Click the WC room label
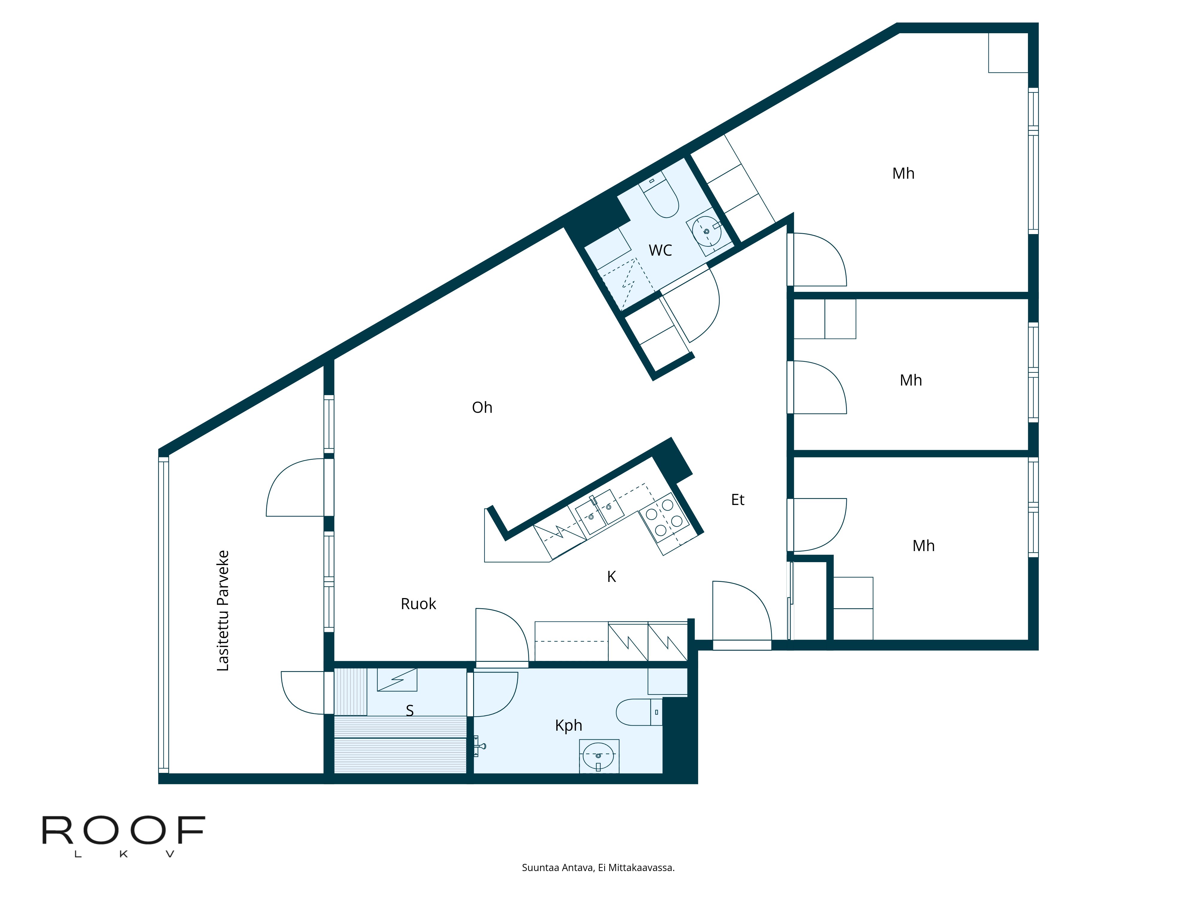click(660, 250)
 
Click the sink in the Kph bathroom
click(599, 756)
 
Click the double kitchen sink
click(599, 512)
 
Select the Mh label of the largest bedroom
click(903, 173)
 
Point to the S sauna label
click(410, 710)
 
